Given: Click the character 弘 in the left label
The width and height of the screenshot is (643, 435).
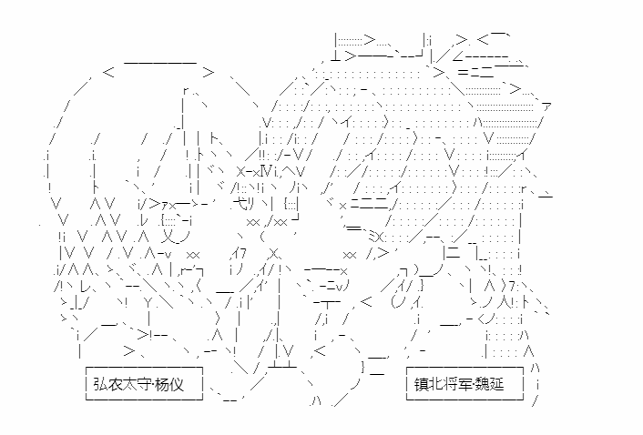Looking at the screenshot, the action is tap(100, 384).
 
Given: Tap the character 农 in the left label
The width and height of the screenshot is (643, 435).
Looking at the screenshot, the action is tap(116, 384).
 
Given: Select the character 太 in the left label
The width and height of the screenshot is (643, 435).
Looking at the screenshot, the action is tap(130, 384).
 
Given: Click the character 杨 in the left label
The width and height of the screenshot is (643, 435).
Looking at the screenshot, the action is tap(163, 384).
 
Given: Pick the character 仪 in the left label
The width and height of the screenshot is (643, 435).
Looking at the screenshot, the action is tap(178, 384).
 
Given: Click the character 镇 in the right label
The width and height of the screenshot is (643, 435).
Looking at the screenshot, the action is tap(421, 384).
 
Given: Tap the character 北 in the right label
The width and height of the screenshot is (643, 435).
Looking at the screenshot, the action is tap(436, 384).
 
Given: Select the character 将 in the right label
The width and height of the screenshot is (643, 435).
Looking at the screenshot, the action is tap(451, 384).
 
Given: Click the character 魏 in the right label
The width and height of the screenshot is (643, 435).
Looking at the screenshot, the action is tap(483, 384).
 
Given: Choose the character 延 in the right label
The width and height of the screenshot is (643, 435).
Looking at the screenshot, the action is tap(497, 384).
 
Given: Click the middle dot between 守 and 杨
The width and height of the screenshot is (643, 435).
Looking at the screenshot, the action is tap(154, 385).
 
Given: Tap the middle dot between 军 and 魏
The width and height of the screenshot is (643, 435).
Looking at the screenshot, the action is tap(475, 385).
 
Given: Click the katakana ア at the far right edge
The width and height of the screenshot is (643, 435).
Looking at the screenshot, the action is tap(546, 106).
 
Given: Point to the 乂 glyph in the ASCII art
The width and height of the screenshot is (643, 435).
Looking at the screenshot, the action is tap(168, 236).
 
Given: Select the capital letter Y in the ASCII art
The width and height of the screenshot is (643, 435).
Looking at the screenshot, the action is tap(148, 303).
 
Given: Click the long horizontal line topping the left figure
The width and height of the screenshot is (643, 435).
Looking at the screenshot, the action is tap(160, 63).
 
